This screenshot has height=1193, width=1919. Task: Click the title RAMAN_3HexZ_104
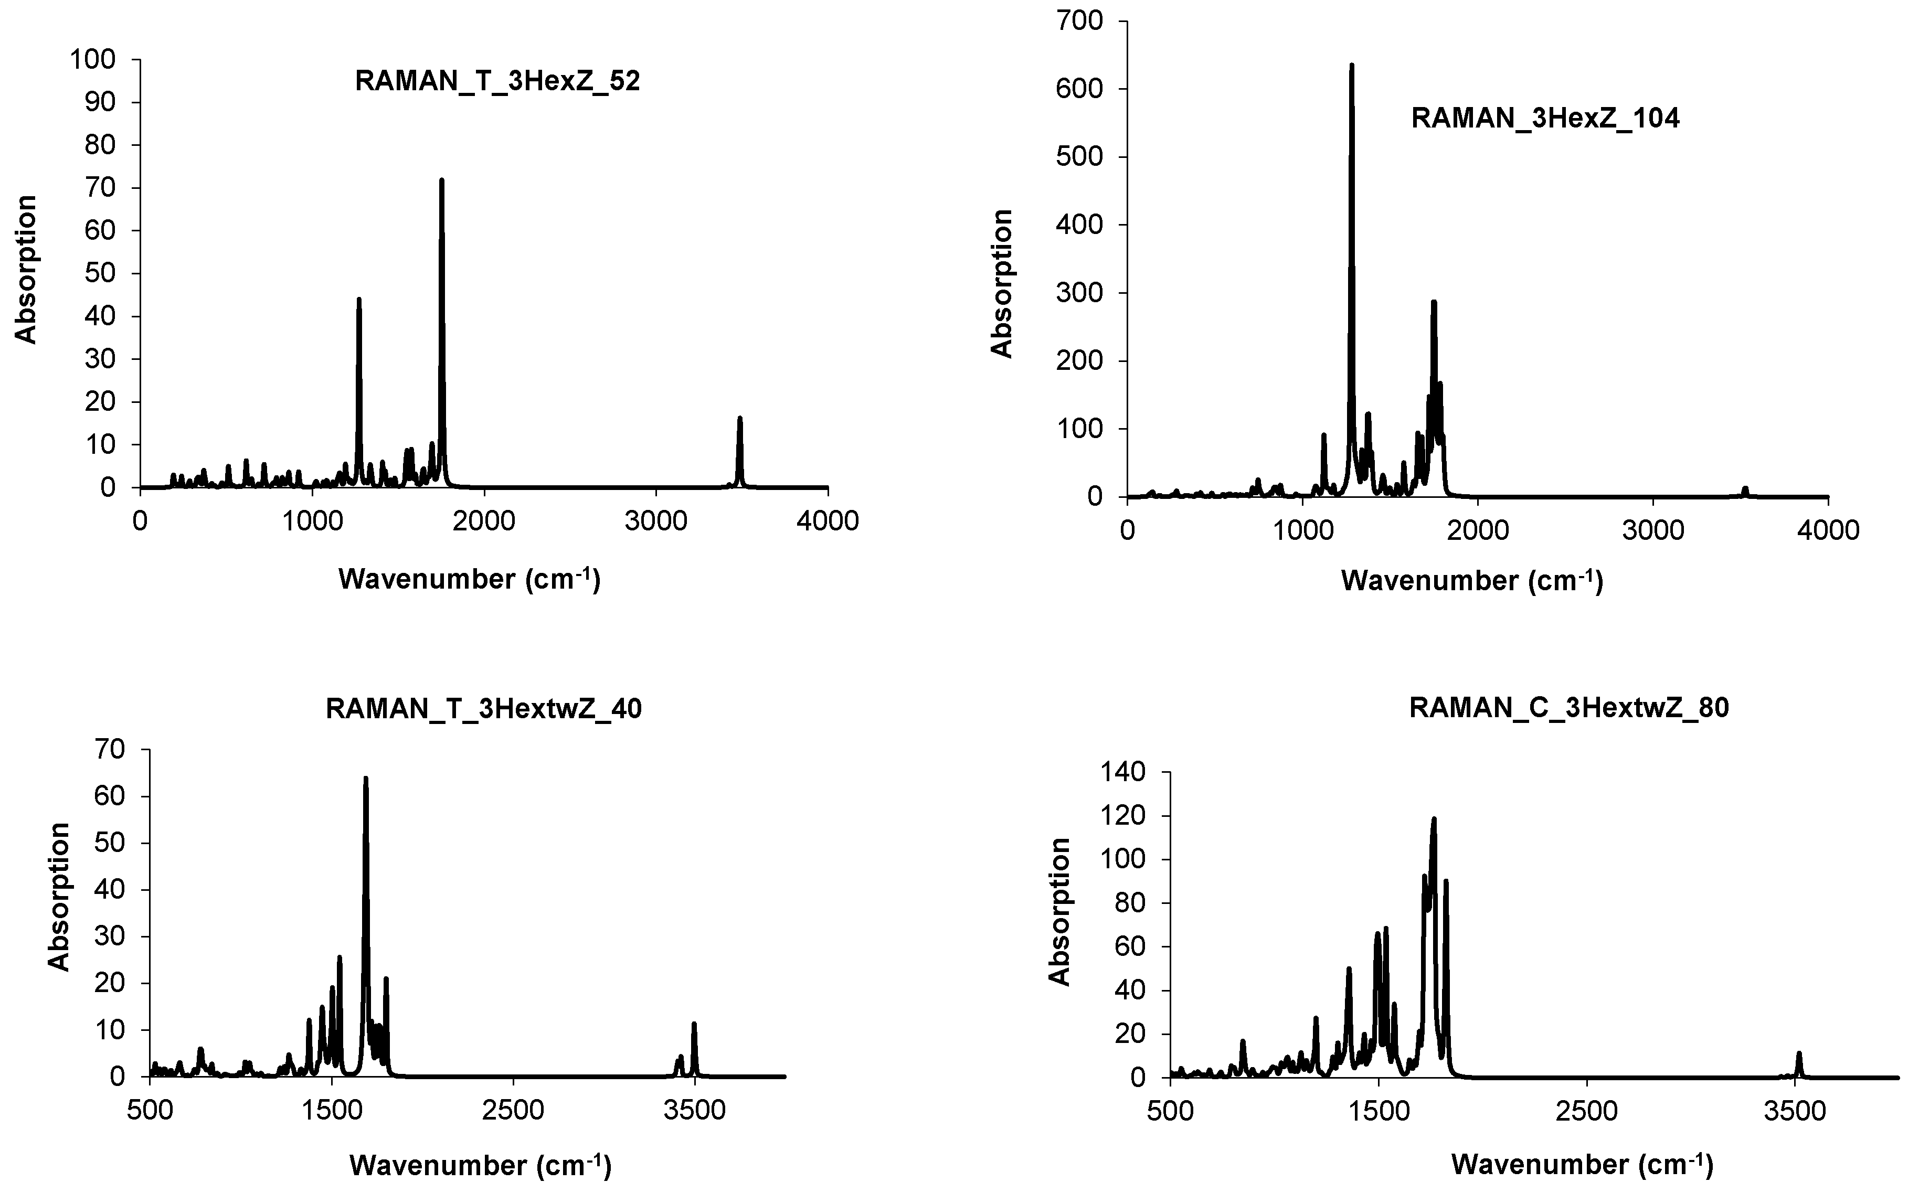1545,119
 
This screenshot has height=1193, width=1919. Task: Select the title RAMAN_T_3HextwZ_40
484,709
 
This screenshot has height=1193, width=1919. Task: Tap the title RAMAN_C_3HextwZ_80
1568,708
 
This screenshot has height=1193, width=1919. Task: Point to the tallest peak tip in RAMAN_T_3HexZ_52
442,180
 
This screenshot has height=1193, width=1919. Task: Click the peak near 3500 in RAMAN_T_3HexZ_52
739,418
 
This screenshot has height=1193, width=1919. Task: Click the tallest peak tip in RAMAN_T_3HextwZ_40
365,779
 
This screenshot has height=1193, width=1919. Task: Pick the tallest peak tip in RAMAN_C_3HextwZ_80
1434,819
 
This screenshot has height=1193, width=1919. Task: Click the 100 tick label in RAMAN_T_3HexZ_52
92,59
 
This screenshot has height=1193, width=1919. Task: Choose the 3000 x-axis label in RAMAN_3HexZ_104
1652,530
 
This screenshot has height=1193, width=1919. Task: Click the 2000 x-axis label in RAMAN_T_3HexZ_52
484,521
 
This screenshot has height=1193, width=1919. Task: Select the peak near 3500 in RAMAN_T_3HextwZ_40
694,1024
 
